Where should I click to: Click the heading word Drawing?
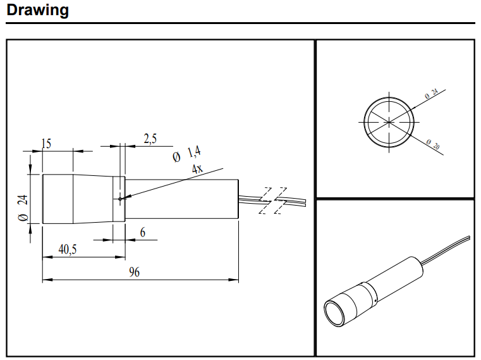37,10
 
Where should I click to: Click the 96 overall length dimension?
135,272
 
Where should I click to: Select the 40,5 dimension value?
68,249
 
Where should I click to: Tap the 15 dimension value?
46,144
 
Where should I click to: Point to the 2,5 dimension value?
150,139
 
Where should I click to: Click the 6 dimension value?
143,233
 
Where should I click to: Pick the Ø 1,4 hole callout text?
186,154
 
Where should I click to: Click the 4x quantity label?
197,169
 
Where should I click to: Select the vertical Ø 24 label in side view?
23,208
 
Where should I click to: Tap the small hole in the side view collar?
120,199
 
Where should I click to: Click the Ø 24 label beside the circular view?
431,94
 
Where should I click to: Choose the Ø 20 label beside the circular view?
433,144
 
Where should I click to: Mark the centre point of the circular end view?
389,122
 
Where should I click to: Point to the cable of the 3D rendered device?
446,251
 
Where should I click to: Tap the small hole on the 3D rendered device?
376,300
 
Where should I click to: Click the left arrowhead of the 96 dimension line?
47,280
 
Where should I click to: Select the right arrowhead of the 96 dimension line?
234,280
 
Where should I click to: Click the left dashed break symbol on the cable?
265,201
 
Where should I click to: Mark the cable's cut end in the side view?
306,202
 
